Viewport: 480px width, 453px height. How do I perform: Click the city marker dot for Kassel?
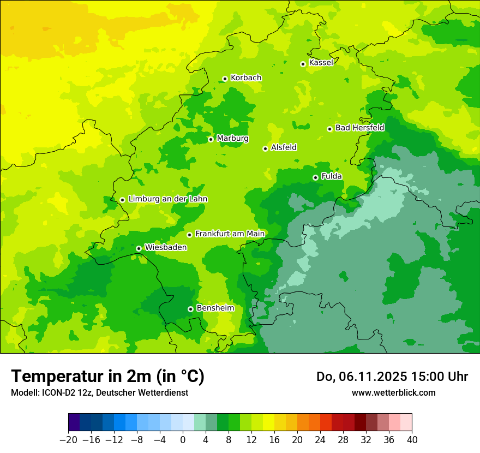[x=303, y=64]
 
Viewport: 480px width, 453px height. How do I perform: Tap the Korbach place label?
[x=246, y=78]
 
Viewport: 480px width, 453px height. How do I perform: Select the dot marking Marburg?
[x=211, y=139]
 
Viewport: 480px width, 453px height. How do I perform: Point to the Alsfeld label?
[x=284, y=147]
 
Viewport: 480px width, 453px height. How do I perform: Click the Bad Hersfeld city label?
[x=359, y=128]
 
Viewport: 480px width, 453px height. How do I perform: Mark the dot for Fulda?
[x=315, y=177]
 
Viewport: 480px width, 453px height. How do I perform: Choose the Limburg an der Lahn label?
[x=167, y=199]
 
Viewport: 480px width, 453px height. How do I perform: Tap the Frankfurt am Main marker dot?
[x=189, y=235]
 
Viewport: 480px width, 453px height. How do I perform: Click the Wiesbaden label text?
[x=165, y=247]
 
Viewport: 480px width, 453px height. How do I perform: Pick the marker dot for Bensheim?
[x=190, y=309]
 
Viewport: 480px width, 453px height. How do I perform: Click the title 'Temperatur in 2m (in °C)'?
[x=107, y=377]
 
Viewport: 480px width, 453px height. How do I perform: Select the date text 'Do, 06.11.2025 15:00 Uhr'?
[x=392, y=377]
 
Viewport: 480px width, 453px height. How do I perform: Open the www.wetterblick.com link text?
[x=393, y=392]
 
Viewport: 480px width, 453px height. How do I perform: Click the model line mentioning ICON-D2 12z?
[x=99, y=392]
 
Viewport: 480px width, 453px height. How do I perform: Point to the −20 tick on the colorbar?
[x=68, y=440]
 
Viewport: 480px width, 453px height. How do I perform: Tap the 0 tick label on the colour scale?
[x=183, y=440]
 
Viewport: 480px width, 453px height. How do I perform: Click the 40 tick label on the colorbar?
[x=412, y=440]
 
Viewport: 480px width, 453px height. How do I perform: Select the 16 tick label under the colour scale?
[x=274, y=440]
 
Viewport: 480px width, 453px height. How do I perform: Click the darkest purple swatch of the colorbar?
[x=74, y=422]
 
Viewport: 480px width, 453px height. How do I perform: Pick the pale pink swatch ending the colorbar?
[x=406, y=422]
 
